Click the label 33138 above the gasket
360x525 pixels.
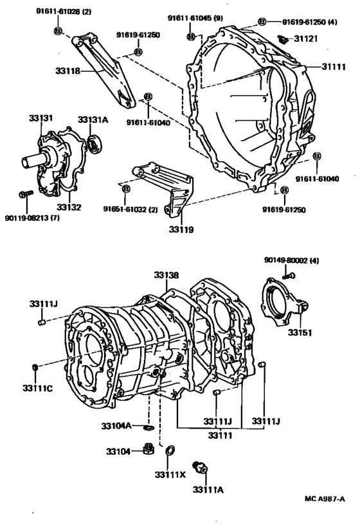[166, 275]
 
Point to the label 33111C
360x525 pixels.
[37, 387]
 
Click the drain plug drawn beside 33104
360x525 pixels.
[148, 449]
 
